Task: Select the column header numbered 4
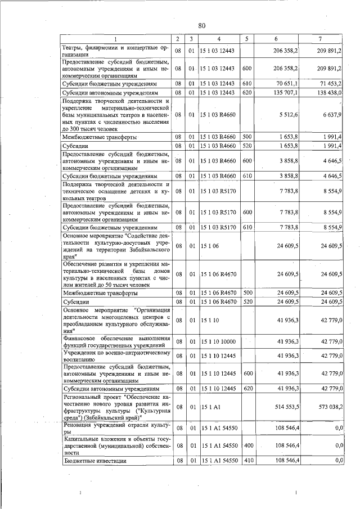(219, 39)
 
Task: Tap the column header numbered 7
(319, 39)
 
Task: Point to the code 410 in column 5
(246, 461)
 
